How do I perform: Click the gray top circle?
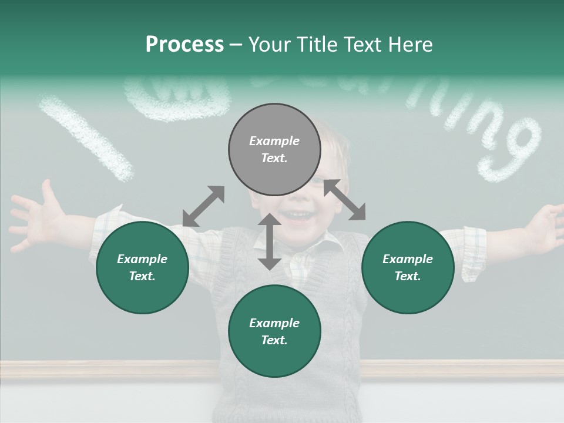tap(274, 150)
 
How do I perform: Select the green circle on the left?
tap(142, 267)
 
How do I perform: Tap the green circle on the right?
tap(408, 267)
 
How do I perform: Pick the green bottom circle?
tap(274, 331)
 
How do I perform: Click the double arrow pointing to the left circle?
tap(203, 206)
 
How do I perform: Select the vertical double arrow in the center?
tap(270, 241)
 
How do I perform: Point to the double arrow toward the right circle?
tap(345, 200)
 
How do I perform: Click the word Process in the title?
tap(184, 44)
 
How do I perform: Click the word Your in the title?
tap(269, 44)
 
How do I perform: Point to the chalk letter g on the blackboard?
tap(509, 150)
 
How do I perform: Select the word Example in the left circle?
tap(142, 259)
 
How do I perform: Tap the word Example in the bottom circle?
tap(274, 323)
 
